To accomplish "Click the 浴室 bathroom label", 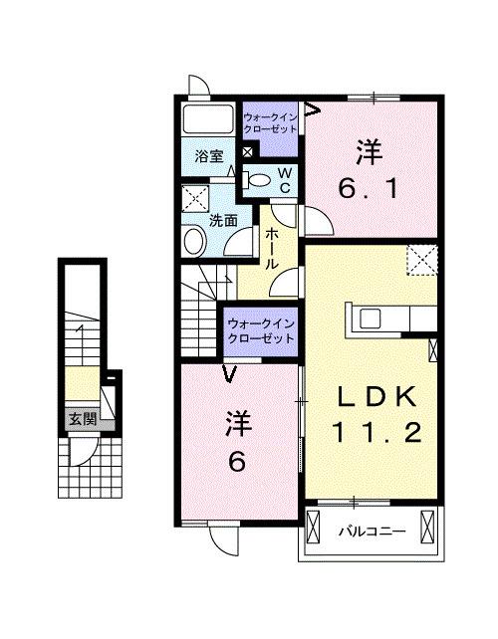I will point(207,156).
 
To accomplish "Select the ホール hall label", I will point(271,249).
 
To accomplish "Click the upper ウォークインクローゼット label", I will point(269,123).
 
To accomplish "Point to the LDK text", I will point(376,396).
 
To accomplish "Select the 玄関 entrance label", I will point(83,420).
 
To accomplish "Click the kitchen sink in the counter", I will point(370,318).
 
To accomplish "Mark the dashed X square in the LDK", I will point(423,260).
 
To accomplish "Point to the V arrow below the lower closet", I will point(230,375).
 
